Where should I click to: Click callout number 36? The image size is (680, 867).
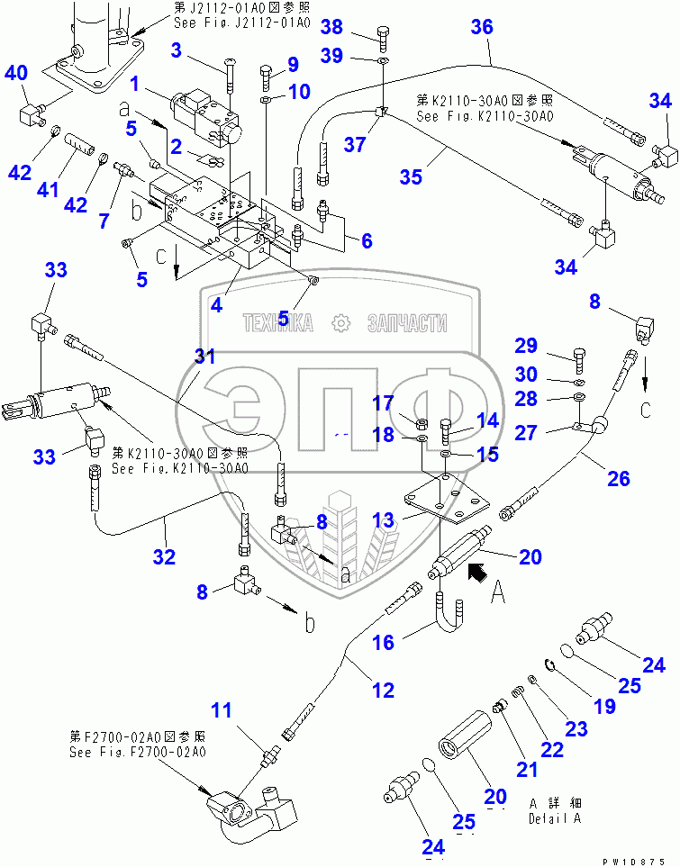(x=482, y=28)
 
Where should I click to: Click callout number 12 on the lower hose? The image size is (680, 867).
(x=383, y=691)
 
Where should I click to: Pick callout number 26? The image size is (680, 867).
(x=618, y=478)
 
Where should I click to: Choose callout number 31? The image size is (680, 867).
(x=205, y=357)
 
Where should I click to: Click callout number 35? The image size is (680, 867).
(x=411, y=176)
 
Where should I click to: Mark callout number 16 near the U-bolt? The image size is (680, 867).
(x=383, y=641)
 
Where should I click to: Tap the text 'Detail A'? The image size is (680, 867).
(x=555, y=818)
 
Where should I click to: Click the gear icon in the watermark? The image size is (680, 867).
(x=340, y=322)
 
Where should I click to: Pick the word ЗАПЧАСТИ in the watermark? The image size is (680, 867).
(x=407, y=322)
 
